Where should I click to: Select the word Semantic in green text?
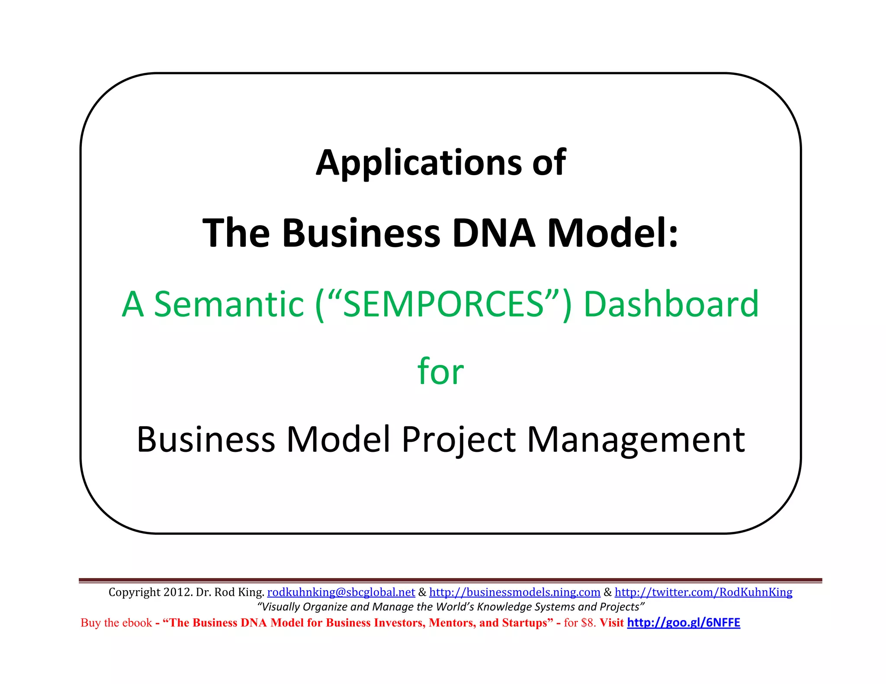(229, 304)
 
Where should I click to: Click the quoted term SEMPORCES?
(443, 304)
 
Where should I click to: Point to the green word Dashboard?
(671, 304)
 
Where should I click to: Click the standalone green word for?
(440, 372)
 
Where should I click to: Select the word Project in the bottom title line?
(459, 440)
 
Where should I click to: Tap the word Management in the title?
(636, 440)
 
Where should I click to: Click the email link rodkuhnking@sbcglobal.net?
(341, 592)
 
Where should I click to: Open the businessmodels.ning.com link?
(514, 592)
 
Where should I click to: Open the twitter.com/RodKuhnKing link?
(703, 592)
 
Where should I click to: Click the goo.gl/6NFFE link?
(684, 623)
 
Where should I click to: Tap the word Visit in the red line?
(611, 623)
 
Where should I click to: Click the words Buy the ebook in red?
(116, 623)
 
